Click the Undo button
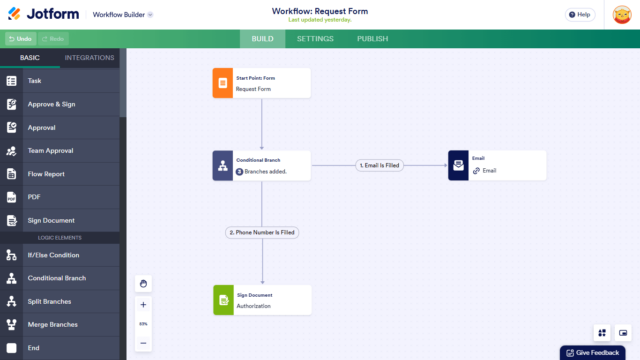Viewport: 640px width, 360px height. pos(20,39)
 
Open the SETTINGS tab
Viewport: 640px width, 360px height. pos(315,39)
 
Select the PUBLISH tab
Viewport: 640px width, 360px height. pos(372,39)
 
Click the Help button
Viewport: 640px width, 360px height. pos(579,15)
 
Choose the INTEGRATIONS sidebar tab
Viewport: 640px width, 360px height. pos(89,58)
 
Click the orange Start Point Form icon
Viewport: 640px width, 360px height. pos(222,83)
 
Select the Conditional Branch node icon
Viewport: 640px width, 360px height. pos(222,165)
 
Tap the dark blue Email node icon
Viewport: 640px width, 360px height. pos(458,165)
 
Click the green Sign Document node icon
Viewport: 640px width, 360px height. pos(222,300)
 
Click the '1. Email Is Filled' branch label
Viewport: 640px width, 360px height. pos(379,165)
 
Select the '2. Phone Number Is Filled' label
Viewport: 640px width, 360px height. pos(262,232)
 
